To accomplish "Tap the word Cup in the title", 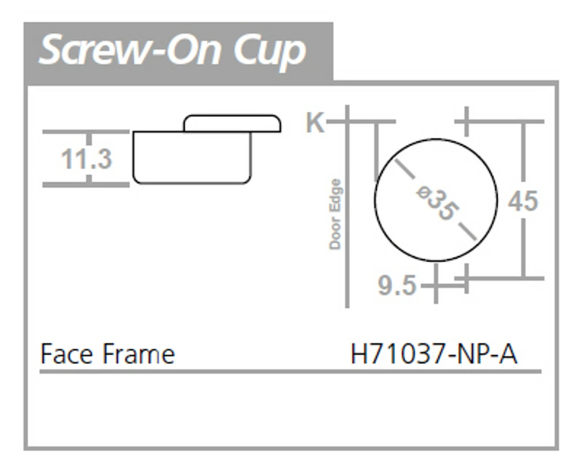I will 270,51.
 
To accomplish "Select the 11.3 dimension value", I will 86,159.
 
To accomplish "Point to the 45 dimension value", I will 523,201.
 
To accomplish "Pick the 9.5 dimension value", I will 397,285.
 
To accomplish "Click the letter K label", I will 315,122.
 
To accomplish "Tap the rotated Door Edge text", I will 335,214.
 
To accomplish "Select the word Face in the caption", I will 67,354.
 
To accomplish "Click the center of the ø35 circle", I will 436,200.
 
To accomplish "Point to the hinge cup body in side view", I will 192,160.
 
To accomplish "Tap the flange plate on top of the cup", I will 232,123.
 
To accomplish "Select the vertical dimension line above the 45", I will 524,155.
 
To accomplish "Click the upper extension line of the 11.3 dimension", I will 86,132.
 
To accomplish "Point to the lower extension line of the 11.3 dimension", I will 86,185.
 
